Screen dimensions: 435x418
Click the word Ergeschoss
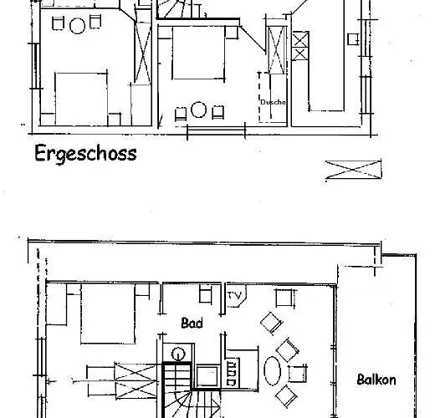[85, 154]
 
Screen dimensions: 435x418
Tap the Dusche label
[274, 102]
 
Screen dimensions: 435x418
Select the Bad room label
[192, 324]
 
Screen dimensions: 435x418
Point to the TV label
[234, 295]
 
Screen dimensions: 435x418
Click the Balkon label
[376, 380]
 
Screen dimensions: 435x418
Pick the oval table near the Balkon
[273, 371]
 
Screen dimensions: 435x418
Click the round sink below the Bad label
[178, 354]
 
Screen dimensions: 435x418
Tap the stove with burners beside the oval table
[232, 374]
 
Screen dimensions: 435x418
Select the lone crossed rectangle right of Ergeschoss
[353, 170]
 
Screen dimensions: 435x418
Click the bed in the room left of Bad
[108, 313]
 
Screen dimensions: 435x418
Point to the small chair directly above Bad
[206, 293]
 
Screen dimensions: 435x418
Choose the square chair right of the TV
[284, 298]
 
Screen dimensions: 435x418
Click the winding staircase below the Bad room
[192, 404]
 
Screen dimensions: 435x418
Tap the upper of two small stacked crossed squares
[300, 39]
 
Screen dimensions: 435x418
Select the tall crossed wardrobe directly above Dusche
[277, 50]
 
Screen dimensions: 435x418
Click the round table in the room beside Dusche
[198, 110]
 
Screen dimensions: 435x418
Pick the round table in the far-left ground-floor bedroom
[77, 26]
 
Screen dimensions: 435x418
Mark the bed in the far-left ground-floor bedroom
[81, 99]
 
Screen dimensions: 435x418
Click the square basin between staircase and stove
[207, 375]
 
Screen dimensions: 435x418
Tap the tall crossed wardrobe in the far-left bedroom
[143, 51]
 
